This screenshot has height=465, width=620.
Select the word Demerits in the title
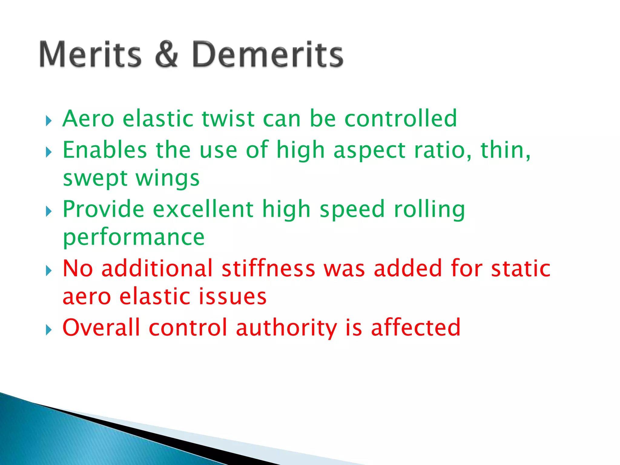[x=268, y=54]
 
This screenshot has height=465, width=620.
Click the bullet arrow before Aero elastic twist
[x=49, y=121]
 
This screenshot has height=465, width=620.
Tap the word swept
[x=95, y=179]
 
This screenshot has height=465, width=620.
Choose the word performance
[x=134, y=238]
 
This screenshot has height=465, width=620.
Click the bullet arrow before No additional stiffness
[x=49, y=271]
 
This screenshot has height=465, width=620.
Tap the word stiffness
[x=268, y=268]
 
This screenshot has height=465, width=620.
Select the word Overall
[x=101, y=328]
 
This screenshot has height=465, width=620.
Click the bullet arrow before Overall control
[x=49, y=330]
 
